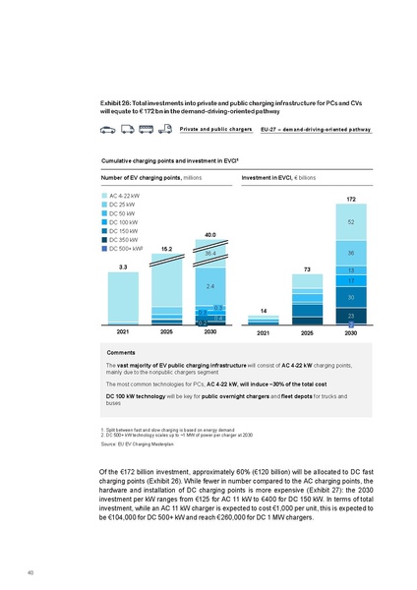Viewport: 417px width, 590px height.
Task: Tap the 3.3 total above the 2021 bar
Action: click(x=123, y=266)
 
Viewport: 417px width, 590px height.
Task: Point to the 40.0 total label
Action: click(x=210, y=235)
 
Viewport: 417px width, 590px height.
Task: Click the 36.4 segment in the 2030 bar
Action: click(x=210, y=254)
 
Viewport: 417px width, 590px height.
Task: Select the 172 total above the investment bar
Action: click(x=350, y=201)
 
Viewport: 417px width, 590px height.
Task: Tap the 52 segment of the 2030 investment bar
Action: click(x=350, y=223)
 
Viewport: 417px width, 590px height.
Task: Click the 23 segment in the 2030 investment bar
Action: click(x=350, y=314)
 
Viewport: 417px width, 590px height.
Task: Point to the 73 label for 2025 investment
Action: click(x=307, y=268)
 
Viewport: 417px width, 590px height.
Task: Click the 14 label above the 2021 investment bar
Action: click(x=264, y=310)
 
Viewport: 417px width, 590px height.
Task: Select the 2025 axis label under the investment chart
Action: click(x=307, y=333)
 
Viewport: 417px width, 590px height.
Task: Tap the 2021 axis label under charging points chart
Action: click(x=123, y=333)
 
